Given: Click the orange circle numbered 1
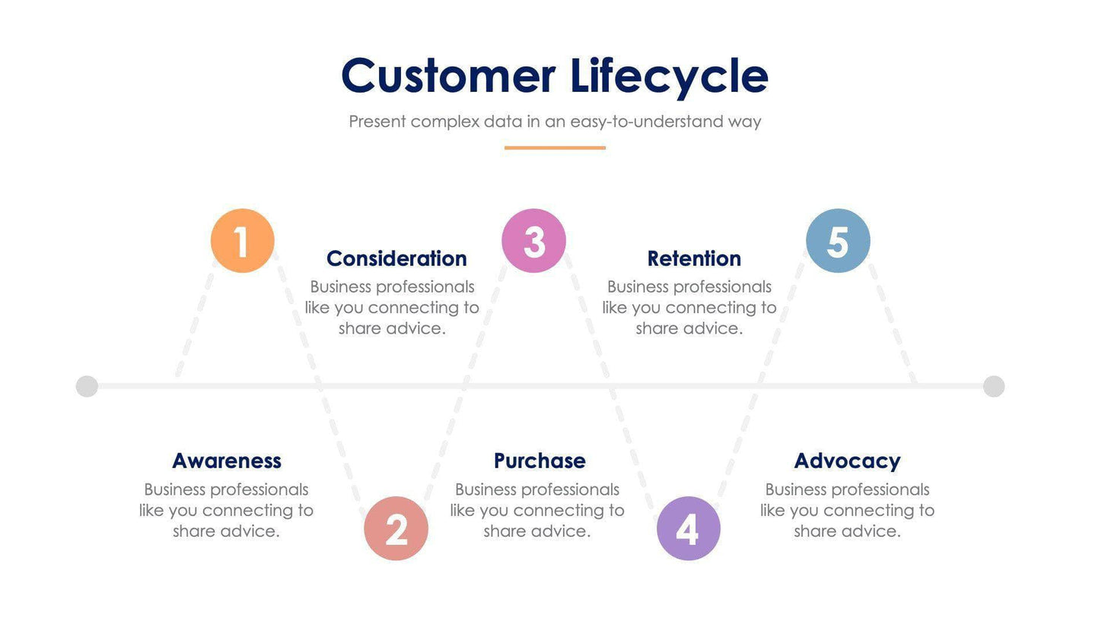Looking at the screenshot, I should tap(242, 241).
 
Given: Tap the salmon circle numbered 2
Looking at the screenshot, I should tap(396, 528).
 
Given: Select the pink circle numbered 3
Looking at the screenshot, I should tap(533, 241).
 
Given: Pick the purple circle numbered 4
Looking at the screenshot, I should tap(688, 528).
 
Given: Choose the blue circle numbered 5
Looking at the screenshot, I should tap(838, 241).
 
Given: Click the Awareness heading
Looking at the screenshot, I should tap(227, 461).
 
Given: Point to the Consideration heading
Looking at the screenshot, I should tap(396, 258).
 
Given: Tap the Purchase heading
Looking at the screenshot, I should tap(540, 461).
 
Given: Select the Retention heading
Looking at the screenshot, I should tap(694, 258).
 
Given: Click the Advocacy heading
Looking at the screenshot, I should tap(847, 461).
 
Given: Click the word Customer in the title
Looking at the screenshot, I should tap(448, 76).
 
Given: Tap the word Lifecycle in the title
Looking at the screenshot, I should tap(669, 76).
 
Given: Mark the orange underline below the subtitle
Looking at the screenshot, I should tap(555, 147).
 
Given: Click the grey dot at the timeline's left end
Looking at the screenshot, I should tap(88, 386).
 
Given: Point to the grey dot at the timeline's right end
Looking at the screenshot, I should tap(994, 386).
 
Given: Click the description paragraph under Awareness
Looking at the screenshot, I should tap(226, 510).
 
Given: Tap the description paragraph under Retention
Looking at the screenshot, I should tap(689, 308).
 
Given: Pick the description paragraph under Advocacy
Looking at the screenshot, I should tap(847, 510).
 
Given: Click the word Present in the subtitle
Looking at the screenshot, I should tap(377, 122).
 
